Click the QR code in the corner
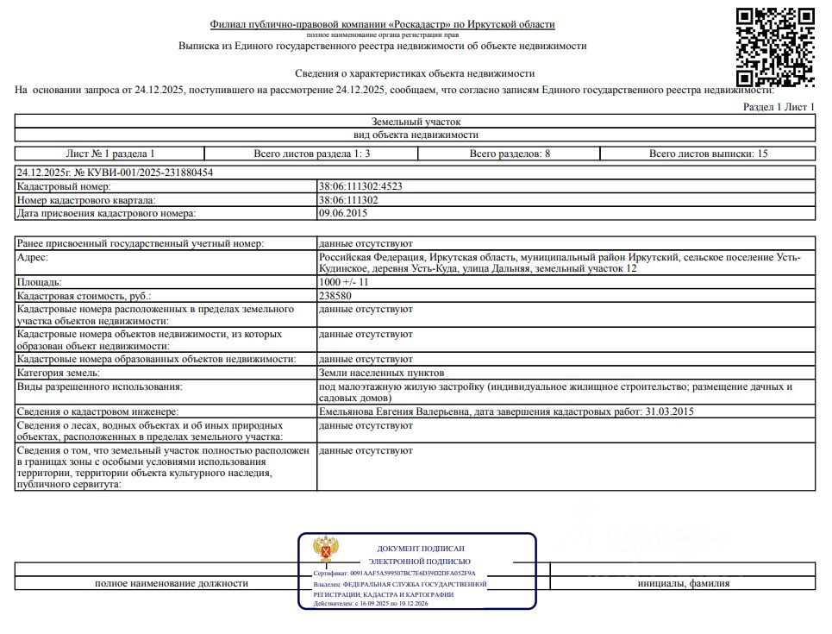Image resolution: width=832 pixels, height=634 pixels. tap(775, 47)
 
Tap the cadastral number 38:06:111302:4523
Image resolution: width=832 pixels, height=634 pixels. tap(360, 186)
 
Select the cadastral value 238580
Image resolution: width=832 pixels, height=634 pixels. tap(335, 295)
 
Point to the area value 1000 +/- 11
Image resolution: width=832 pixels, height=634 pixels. tap(344, 282)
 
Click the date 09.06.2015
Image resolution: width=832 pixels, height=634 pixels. tap(343, 213)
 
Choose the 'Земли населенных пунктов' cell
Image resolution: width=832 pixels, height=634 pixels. tap(381, 373)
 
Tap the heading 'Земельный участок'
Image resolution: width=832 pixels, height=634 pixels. tap(416, 122)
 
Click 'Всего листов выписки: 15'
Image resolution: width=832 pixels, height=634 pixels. tap(708, 154)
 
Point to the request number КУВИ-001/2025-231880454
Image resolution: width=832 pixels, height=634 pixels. tap(115, 173)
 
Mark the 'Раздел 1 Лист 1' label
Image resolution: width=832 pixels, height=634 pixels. tap(779, 107)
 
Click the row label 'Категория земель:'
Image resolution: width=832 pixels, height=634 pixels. tap(59, 373)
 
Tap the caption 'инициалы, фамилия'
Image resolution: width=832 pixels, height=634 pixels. tap(683, 583)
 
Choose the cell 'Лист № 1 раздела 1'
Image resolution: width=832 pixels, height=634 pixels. tap(110, 154)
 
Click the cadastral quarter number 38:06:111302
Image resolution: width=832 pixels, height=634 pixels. tap(348, 200)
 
